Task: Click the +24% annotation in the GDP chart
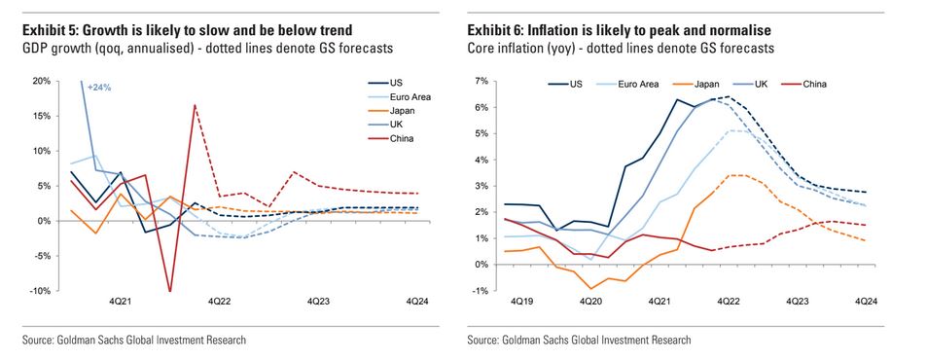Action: (x=100, y=89)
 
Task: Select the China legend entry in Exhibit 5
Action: (x=398, y=138)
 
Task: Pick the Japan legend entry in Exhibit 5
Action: (x=400, y=110)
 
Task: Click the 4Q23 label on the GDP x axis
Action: (x=322, y=303)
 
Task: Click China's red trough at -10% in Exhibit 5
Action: (x=170, y=291)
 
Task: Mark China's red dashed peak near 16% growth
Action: (x=196, y=105)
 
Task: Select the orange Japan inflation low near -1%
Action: (x=589, y=288)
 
